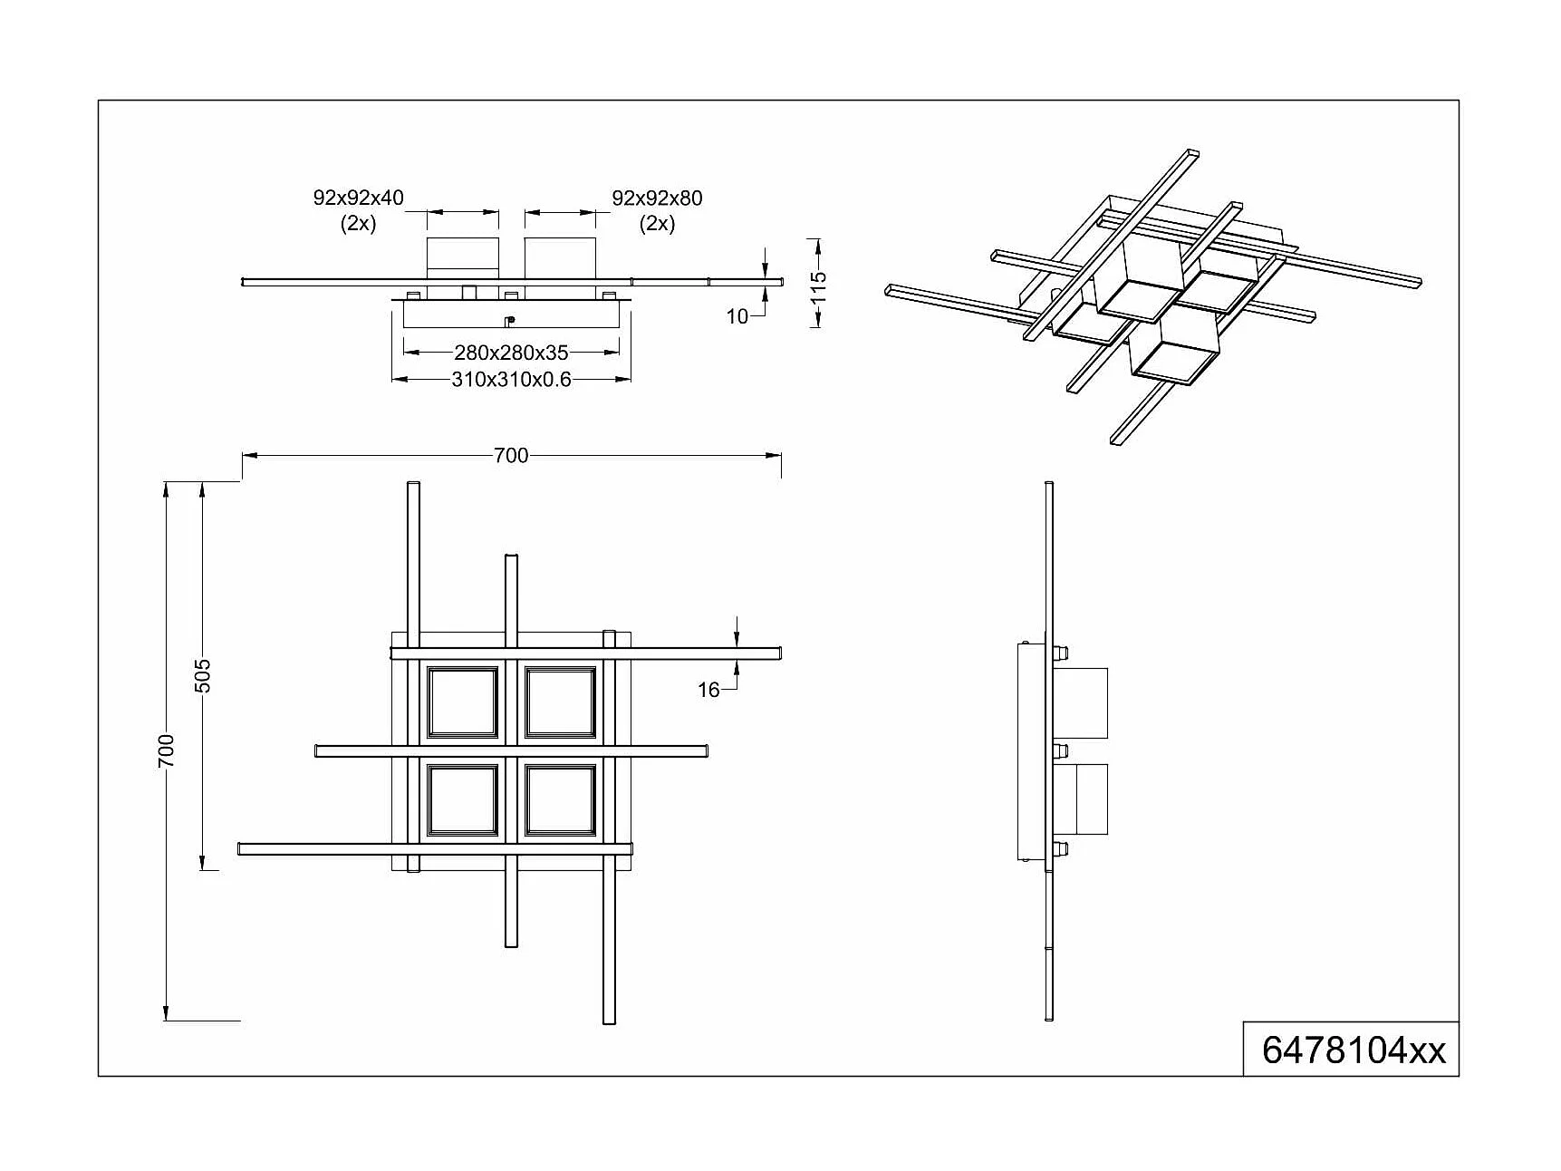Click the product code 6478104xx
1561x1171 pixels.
[x=1354, y=1050]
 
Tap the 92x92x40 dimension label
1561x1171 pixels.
[x=358, y=198]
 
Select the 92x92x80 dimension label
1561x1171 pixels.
[x=657, y=198]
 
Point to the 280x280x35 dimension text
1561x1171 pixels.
[x=511, y=353]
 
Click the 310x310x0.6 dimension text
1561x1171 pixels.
[x=511, y=380]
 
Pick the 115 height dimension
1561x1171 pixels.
[x=818, y=283]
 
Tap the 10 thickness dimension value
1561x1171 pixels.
[x=737, y=316]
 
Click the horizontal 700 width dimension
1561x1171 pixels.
[x=511, y=455]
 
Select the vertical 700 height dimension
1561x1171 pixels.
[x=166, y=750]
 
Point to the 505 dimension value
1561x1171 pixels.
[x=203, y=675]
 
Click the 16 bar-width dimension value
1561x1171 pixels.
[x=708, y=691]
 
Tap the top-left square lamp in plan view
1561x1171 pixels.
[x=463, y=702]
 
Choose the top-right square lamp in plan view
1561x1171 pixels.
[x=561, y=702]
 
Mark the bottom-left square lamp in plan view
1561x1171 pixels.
[x=463, y=799]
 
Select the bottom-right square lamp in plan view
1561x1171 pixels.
[x=561, y=799]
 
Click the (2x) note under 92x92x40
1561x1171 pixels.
[x=358, y=224]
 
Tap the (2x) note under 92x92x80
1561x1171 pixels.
[x=657, y=224]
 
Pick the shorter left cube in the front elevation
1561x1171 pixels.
[x=463, y=256]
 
